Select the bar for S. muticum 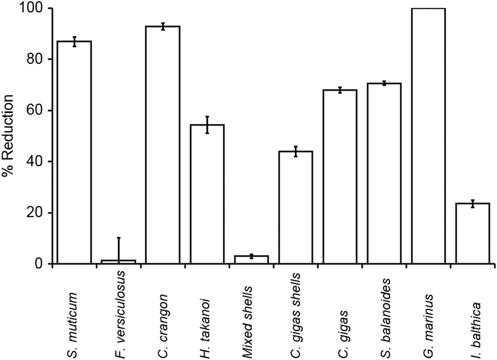point(74,153)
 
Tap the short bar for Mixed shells point(251,260)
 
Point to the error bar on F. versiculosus point(119,249)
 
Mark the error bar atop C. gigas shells point(295,151)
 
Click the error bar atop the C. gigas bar point(340,90)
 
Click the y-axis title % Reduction point(8,136)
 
